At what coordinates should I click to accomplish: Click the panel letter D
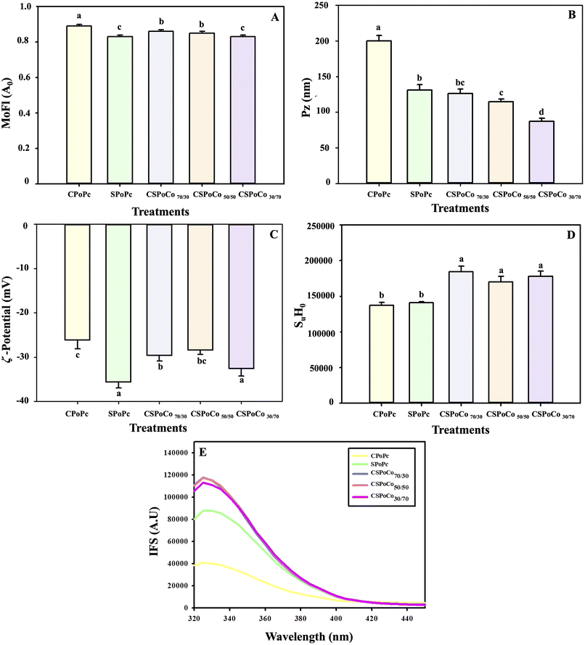click(563, 236)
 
